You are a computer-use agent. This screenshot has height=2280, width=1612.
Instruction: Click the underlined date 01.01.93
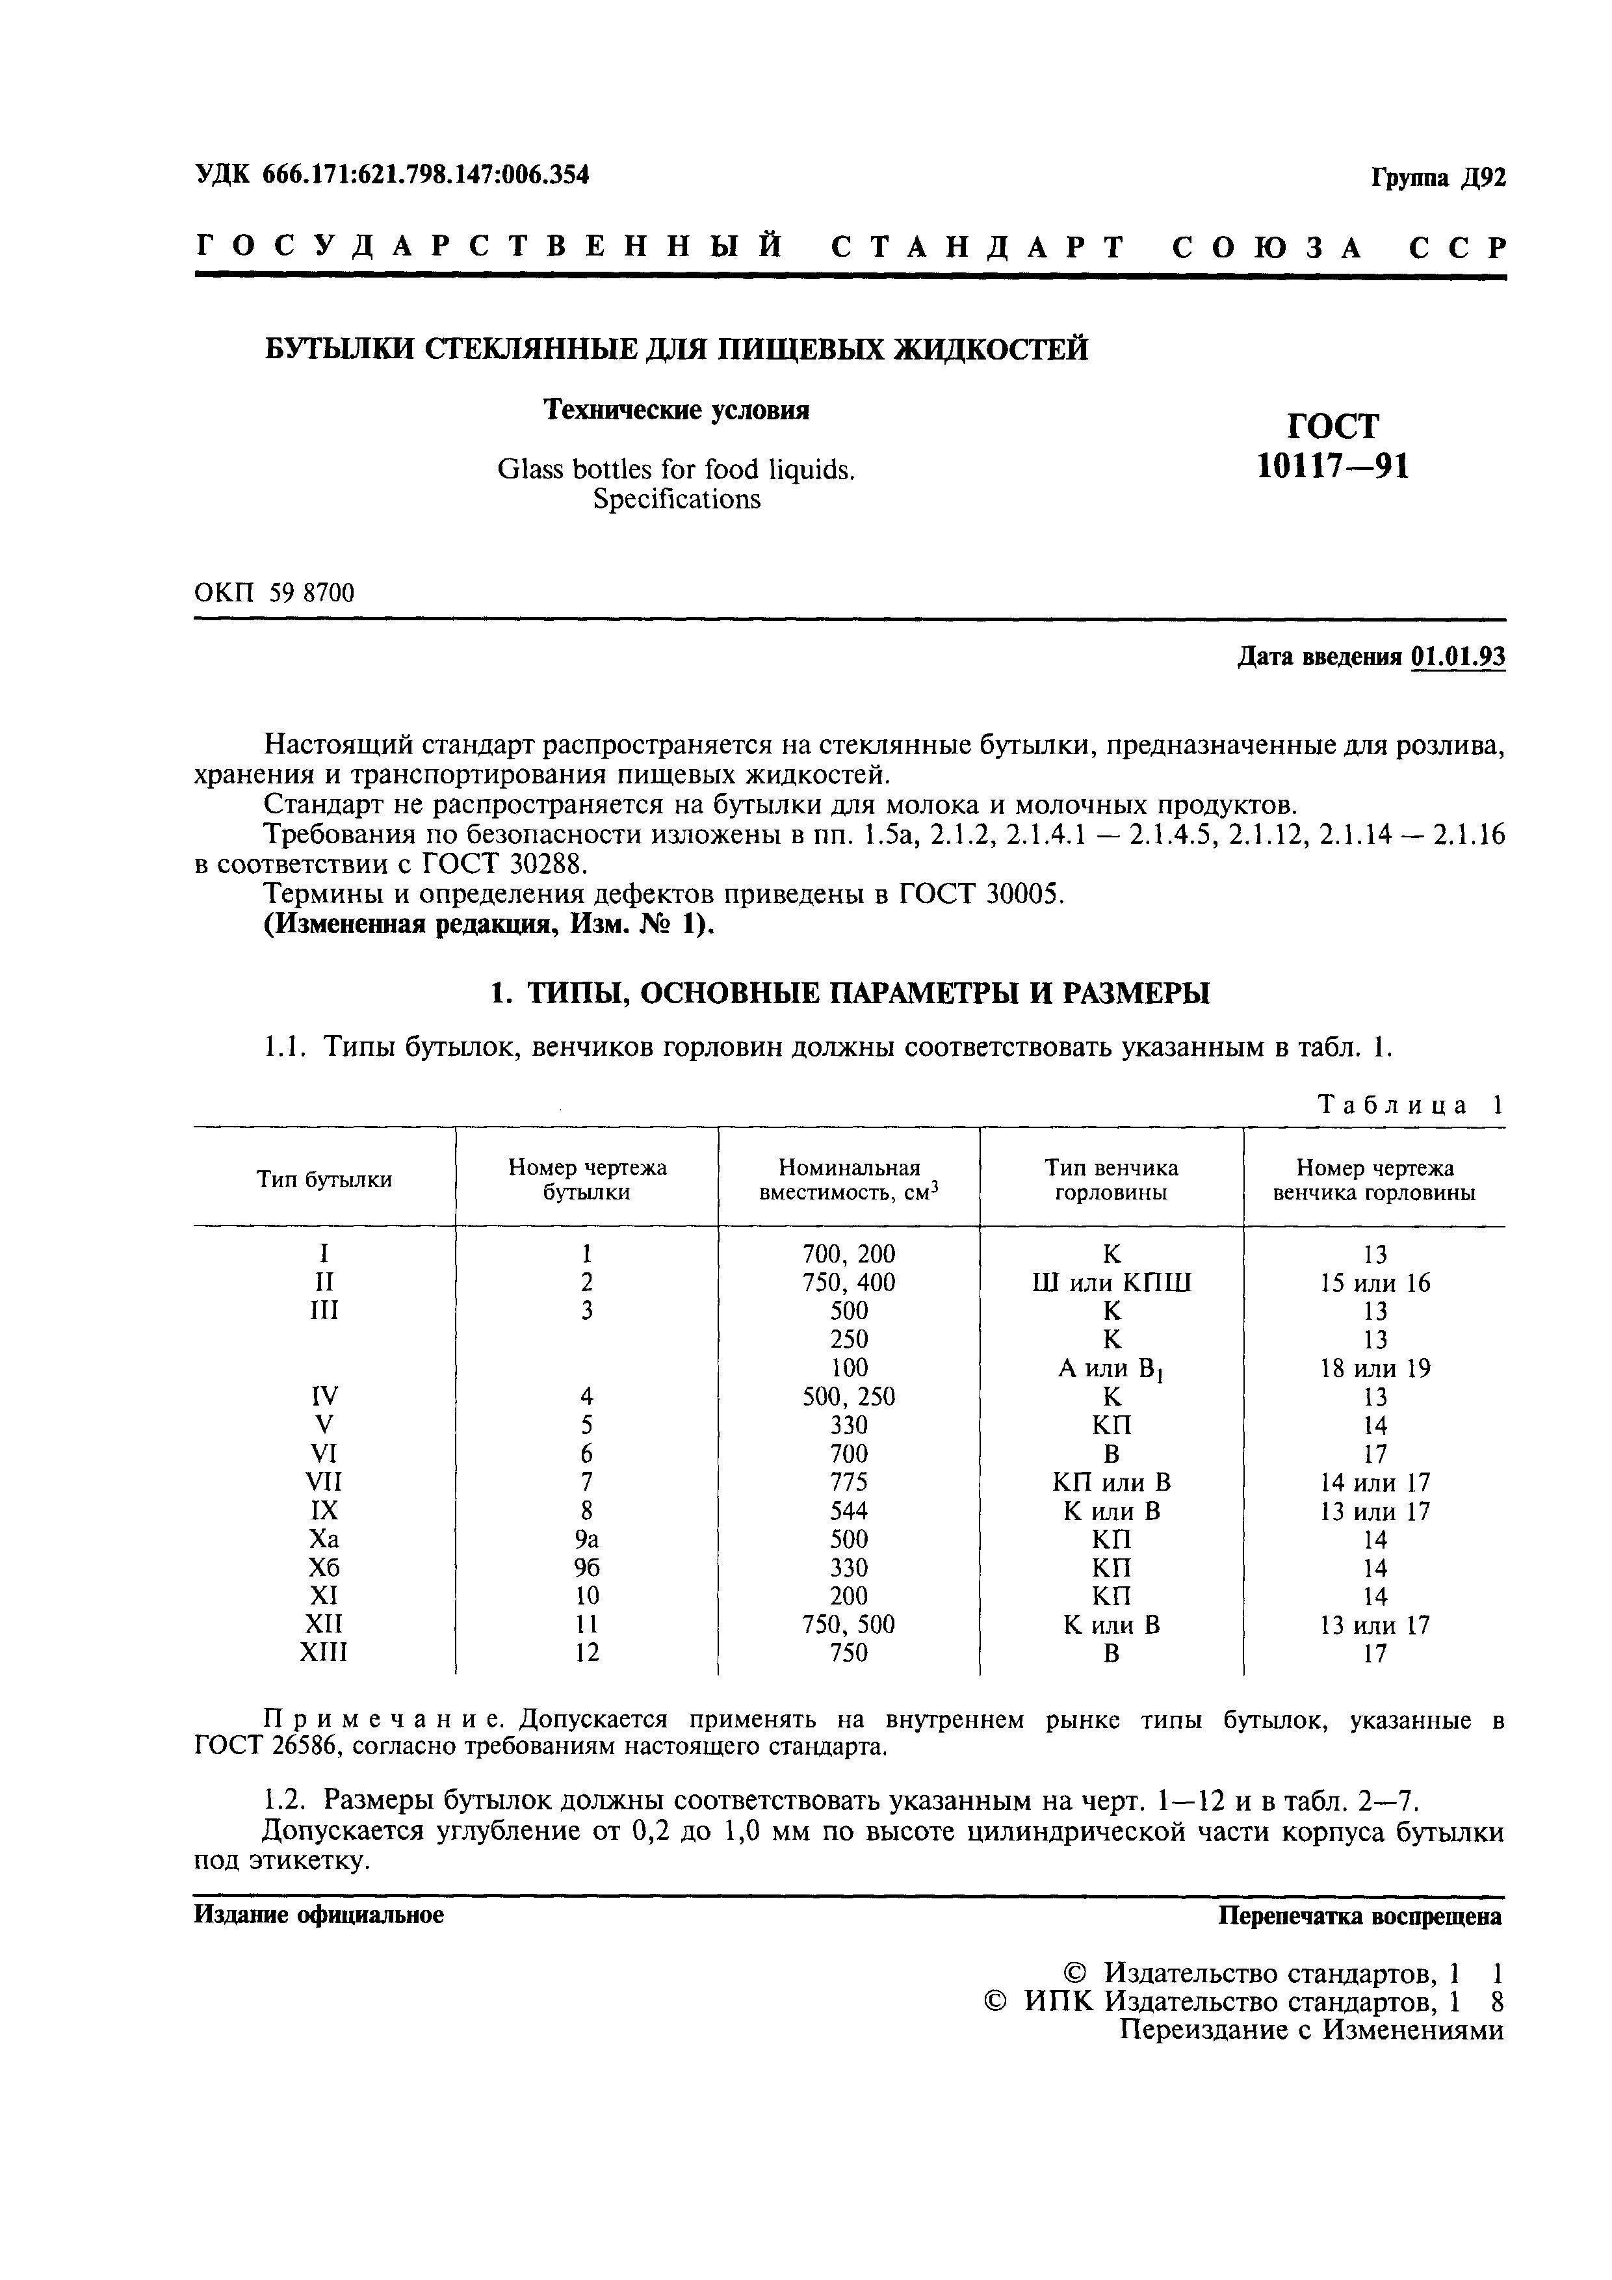(1458, 657)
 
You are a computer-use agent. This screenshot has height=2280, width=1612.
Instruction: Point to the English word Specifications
(676, 499)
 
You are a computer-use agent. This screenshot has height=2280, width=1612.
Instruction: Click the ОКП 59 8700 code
(274, 593)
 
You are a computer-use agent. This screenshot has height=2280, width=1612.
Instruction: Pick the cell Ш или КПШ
(1111, 1283)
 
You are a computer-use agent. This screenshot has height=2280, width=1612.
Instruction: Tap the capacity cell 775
(849, 1482)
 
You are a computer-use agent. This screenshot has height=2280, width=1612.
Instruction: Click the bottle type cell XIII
(324, 1653)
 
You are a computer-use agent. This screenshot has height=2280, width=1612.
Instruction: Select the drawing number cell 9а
(587, 1540)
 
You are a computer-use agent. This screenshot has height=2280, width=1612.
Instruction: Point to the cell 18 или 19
(1375, 1369)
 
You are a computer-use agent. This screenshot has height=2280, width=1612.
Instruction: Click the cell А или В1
(1111, 1369)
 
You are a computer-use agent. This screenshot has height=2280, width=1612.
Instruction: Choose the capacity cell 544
(849, 1512)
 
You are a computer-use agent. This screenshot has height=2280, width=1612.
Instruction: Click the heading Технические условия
(676, 410)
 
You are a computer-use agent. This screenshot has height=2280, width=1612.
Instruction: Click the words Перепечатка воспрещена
(1360, 1917)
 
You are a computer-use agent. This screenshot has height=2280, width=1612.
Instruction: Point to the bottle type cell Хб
(324, 1568)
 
